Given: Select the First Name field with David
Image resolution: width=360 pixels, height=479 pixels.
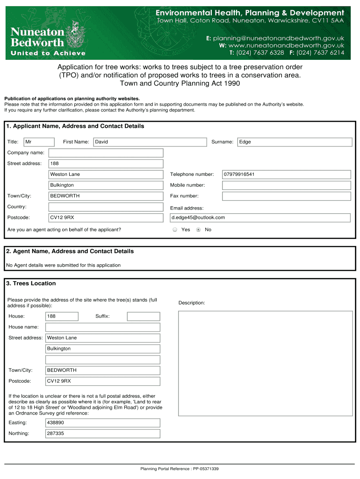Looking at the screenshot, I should coord(150,142).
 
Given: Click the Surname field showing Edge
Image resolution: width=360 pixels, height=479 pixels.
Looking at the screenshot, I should coord(295,142).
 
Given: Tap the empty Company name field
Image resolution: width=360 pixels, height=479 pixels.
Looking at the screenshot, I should coord(106,153).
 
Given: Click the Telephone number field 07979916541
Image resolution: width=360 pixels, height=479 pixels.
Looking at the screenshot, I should coord(286,174).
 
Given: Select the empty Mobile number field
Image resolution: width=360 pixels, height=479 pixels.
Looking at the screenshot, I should coord(286,185).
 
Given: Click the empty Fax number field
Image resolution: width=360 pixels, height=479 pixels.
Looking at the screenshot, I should coord(286,196).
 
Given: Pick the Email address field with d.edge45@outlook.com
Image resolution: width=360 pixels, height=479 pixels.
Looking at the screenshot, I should coord(260,218).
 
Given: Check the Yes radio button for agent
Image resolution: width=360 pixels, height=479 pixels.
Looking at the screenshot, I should coord(175,230).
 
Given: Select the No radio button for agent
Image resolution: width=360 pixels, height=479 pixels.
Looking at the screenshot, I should coord(199,230).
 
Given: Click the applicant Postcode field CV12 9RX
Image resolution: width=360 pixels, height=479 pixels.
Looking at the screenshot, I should coord(106,218).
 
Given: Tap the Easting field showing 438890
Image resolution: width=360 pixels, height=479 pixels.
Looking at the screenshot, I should coord(102,423).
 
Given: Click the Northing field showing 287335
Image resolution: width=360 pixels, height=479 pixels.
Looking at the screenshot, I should coord(102,434).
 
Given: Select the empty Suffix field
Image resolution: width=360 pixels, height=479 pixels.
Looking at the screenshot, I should coord(143,316).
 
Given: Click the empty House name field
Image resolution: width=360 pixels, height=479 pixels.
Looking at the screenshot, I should coord(102,327).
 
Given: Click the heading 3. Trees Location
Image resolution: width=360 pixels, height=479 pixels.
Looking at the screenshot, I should coord(31,283).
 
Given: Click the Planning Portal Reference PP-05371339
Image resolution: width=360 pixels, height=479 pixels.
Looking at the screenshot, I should coord(180,469).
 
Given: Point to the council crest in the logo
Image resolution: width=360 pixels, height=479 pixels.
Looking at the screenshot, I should coord(74,33).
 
